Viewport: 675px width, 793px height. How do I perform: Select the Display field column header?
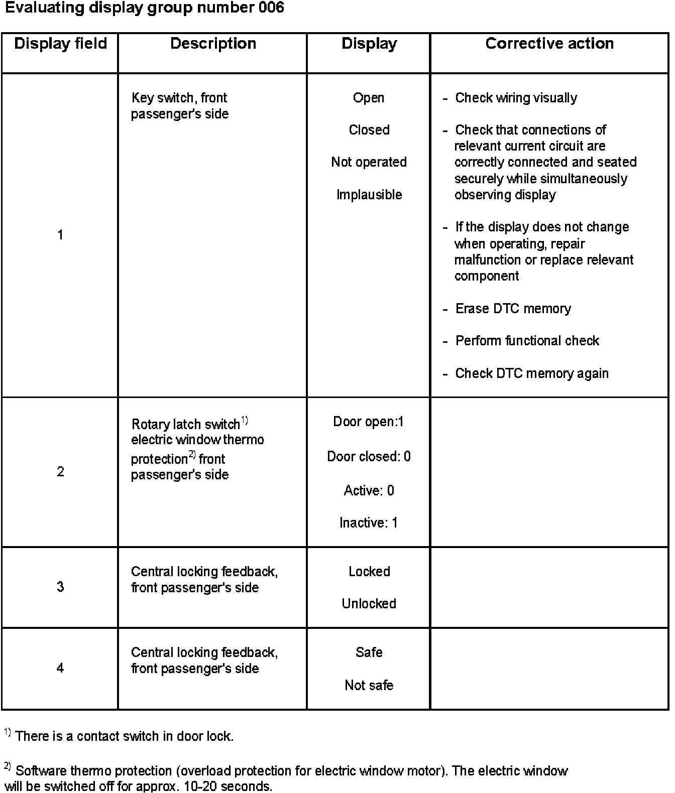(60, 44)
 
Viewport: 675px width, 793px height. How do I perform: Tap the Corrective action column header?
(549, 44)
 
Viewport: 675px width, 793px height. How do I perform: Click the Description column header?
(213, 44)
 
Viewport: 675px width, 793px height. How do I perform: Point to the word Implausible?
(369, 195)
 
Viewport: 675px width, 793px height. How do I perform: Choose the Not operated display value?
(369, 162)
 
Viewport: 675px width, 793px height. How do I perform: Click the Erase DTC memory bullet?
(513, 309)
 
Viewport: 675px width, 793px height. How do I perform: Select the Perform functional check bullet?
(527, 341)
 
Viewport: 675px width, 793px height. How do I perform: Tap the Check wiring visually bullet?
(516, 98)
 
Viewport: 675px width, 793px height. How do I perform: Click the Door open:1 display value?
(369, 422)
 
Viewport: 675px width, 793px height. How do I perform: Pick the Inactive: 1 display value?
(369, 523)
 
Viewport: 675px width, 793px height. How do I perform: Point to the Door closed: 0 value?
(369, 457)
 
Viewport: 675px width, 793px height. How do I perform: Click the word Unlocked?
(369, 604)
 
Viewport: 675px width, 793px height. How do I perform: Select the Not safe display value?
(369, 686)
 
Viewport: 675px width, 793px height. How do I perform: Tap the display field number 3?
(60, 587)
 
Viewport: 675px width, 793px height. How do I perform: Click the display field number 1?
(60, 235)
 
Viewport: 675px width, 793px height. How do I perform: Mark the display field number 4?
(60, 668)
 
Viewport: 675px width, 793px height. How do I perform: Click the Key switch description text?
(179, 106)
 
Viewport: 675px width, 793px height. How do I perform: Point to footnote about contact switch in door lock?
(124, 736)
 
